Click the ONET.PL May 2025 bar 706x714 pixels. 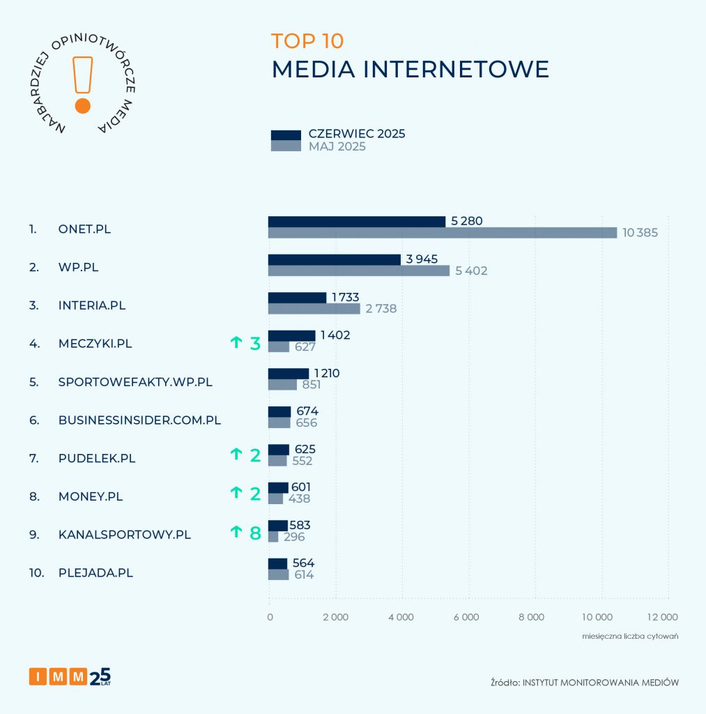443,233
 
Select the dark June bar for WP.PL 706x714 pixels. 335,259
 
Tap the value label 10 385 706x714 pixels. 640,233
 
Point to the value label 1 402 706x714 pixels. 335,335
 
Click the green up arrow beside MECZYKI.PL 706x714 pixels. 236,342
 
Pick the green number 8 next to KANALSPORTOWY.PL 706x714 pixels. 255,533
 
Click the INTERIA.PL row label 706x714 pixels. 92,305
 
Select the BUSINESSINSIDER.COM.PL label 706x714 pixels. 139,420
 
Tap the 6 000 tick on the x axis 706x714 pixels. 466,616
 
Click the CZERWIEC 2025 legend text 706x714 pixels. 357,134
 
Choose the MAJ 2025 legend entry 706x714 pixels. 337,147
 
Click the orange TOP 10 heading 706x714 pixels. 307,41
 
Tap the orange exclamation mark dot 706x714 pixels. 82,106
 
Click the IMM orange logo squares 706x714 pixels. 59,676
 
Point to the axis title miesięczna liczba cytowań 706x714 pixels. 630,637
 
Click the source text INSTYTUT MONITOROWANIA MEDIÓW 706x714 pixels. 601,683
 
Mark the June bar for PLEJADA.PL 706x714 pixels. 277,563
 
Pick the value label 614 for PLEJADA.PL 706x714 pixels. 303,575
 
